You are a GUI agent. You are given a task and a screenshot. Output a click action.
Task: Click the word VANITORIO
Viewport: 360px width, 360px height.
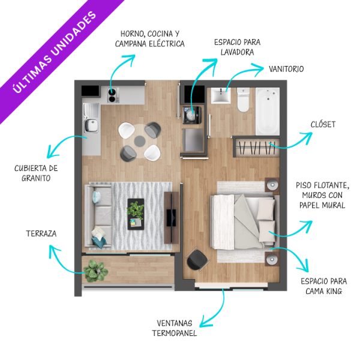[x=286, y=69]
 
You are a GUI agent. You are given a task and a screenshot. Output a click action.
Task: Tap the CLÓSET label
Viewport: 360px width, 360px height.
[x=323, y=124]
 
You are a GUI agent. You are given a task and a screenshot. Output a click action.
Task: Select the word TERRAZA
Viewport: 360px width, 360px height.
[x=41, y=233]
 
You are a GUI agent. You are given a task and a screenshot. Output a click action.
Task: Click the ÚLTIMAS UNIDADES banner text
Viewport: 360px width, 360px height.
[x=55, y=52]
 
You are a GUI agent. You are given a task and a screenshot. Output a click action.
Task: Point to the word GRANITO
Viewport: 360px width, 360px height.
[x=36, y=178]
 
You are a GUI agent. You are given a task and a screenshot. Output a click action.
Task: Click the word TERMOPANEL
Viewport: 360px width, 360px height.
[x=175, y=333]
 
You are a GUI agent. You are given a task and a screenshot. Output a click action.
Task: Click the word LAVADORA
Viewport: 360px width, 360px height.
[x=237, y=52]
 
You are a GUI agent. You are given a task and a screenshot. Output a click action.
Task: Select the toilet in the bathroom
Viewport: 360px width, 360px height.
[x=243, y=100]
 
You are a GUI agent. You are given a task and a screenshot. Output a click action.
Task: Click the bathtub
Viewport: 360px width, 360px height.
[x=268, y=112]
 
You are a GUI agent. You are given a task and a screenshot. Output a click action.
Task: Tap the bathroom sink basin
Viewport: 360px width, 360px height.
[x=221, y=96]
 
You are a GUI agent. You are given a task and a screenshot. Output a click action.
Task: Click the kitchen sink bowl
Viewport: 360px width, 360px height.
[x=91, y=125]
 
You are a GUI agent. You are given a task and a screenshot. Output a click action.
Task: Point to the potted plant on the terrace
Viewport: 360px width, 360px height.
[x=95, y=271]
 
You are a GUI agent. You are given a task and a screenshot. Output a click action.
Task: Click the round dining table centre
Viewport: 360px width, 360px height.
[x=139, y=141]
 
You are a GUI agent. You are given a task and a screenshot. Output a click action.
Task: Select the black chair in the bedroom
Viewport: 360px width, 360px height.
[x=197, y=260]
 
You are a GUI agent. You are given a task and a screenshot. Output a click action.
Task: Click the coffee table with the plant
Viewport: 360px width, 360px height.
[x=136, y=214]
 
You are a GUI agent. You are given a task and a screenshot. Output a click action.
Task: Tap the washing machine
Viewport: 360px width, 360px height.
[x=192, y=115]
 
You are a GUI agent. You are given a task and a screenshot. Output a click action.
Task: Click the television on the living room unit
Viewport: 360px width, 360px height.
[x=171, y=217]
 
